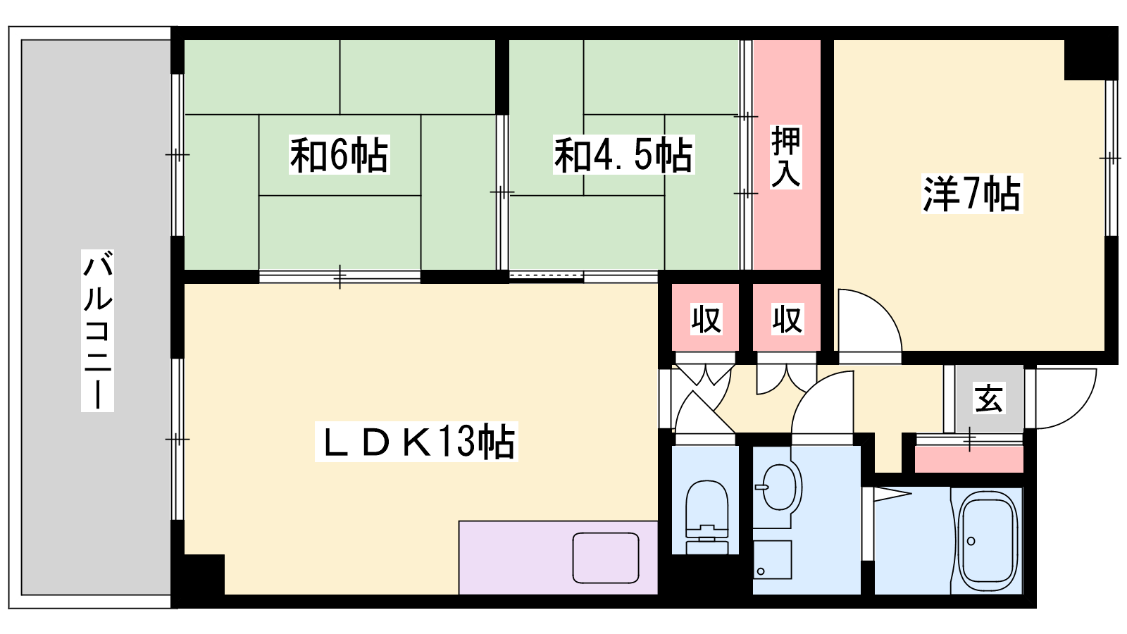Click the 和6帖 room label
(x=339, y=154)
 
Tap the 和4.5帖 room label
(x=623, y=154)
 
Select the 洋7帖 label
(x=971, y=193)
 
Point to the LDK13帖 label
(x=416, y=442)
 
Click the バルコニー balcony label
(x=97, y=330)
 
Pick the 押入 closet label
(x=786, y=157)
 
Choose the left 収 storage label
(x=706, y=319)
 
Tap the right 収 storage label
(x=787, y=319)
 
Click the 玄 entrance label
(x=989, y=398)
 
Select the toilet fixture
(x=707, y=517)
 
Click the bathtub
(x=987, y=541)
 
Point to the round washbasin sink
(x=780, y=487)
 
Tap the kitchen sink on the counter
(x=606, y=558)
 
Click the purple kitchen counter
(x=558, y=557)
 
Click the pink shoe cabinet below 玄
(x=969, y=459)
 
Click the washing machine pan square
(x=772, y=559)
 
